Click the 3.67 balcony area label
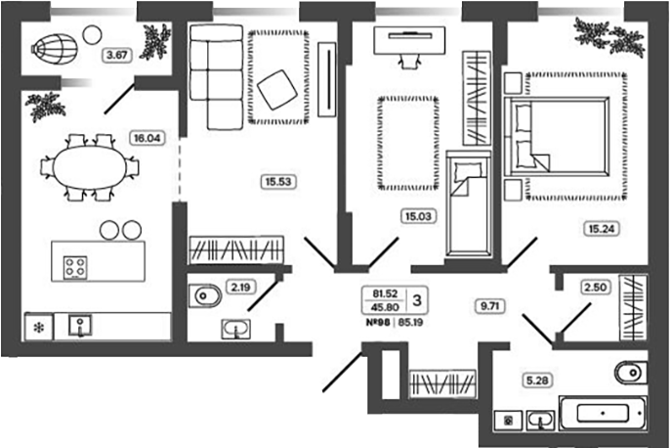(x=116, y=55)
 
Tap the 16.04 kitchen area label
(x=147, y=138)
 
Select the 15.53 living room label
(x=278, y=181)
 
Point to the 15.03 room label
(x=418, y=216)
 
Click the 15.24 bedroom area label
(x=602, y=229)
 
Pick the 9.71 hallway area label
(x=489, y=306)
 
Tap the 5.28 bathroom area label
(x=537, y=380)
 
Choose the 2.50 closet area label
(x=595, y=287)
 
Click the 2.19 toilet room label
(x=240, y=288)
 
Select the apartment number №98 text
(x=378, y=322)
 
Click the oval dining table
(x=90, y=167)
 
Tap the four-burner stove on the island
(x=75, y=267)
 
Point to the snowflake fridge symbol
(x=39, y=328)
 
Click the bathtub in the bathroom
(x=603, y=413)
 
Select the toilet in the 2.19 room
(x=205, y=295)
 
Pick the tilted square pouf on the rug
(x=277, y=89)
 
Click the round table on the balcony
(x=92, y=34)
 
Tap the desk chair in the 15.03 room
(x=409, y=62)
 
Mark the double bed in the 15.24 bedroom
(x=557, y=136)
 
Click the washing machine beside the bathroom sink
(x=508, y=421)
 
